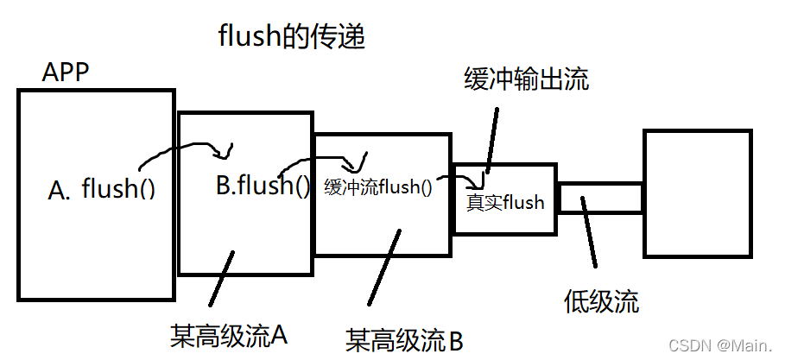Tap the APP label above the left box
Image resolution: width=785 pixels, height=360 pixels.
(x=66, y=73)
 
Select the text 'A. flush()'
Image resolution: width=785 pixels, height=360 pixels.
(x=102, y=189)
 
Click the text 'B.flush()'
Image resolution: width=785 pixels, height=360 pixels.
(x=262, y=185)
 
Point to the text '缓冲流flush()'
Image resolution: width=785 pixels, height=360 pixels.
(x=377, y=186)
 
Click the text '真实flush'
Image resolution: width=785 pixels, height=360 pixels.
(x=505, y=203)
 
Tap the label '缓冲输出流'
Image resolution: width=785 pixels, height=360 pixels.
(x=526, y=81)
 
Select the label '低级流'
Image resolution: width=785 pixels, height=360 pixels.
(x=602, y=301)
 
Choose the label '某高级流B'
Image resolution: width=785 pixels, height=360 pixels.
(x=404, y=339)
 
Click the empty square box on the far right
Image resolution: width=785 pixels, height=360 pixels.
(x=697, y=194)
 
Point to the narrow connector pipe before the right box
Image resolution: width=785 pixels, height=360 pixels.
(x=600, y=198)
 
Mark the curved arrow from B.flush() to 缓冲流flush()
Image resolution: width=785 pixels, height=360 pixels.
(x=315, y=161)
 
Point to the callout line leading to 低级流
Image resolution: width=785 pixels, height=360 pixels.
(x=588, y=231)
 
